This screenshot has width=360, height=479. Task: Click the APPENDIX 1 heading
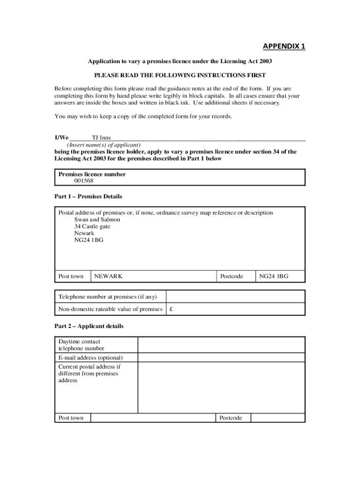pyautogui.click(x=284, y=46)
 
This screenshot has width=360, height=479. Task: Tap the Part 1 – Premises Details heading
pyautogui.click(x=88, y=196)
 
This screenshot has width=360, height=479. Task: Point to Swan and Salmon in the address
pyautogui.click(x=97, y=219)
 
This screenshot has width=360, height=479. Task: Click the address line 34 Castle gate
pyautogui.click(x=92, y=226)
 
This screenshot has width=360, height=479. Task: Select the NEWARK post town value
pyautogui.click(x=108, y=276)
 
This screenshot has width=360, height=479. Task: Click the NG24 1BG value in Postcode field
pyautogui.click(x=274, y=276)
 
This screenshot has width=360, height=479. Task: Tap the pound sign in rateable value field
pyautogui.click(x=172, y=309)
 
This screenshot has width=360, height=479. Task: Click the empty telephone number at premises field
pyautogui.click(x=235, y=297)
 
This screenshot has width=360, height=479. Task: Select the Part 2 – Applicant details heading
pyautogui.click(x=89, y=326)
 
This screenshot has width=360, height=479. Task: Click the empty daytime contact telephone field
pyautogui.click(x=221, y=345)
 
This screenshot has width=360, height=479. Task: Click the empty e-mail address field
pyautogui.click(x=221, y=358)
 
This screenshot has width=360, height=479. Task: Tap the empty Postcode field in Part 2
pyautogui.click(x=277, y=418)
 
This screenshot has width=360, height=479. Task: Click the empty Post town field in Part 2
pyautogui.click(x=152, y=418)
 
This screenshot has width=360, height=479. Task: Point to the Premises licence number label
pyautogui.click(x=92, y=174)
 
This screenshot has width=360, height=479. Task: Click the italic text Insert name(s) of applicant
pyautogui.click(x=103, y=145)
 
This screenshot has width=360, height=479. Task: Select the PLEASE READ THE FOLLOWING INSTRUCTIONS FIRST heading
pyautogui.click(x=180, y=75)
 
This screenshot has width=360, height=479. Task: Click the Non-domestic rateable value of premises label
pyautogui.click(x=110, y=309)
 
